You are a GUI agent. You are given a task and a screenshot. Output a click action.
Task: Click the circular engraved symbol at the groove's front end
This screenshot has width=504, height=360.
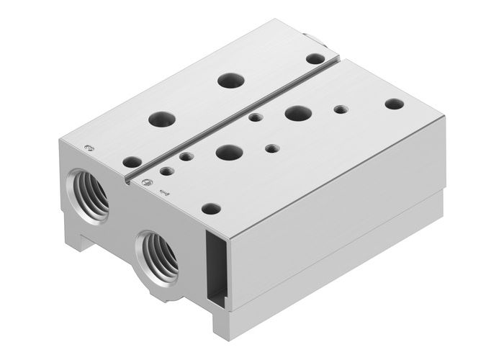coord(147,180)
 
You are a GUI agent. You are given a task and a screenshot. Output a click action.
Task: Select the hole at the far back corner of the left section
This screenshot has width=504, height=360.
coord(315,58)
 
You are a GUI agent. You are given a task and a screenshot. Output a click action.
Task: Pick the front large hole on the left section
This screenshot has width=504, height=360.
coord(159,117)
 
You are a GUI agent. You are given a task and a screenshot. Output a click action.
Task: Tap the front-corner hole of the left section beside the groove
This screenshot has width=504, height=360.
coord(132,162)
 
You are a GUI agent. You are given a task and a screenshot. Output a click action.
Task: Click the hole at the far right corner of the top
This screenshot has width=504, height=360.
coord(394,104)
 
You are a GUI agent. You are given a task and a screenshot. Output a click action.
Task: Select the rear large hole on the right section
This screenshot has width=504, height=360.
coord(297,112)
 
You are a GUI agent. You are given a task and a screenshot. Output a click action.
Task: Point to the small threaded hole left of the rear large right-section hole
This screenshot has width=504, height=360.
coord(253,117)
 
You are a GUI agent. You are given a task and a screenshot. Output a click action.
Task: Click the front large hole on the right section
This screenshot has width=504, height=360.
coord(229,152)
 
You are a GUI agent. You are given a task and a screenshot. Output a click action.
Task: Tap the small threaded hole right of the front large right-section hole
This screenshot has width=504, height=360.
coord(271,149)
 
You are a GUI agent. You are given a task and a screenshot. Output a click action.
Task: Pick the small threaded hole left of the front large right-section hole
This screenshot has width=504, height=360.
coord(186,156)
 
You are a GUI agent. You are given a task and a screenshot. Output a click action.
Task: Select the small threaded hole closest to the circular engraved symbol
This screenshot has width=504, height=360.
coord(167,171)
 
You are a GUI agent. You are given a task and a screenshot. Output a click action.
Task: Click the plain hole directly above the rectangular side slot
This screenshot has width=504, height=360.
coord(211,209)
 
